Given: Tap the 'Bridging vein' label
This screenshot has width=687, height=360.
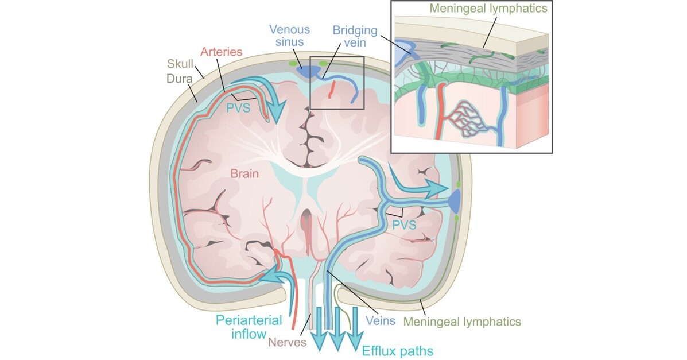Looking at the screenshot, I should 352,36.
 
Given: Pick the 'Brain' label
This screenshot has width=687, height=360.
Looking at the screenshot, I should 244,173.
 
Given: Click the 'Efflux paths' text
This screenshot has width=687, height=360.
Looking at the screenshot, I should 397,349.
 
